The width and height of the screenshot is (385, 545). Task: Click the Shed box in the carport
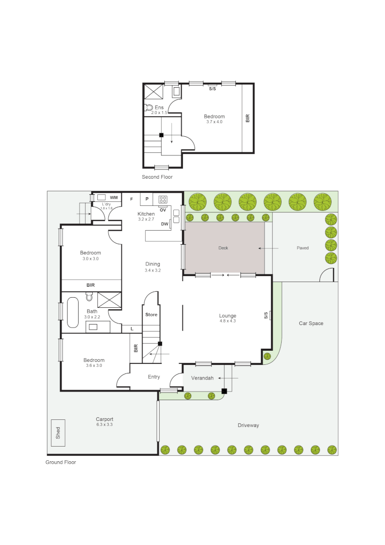(58, 433)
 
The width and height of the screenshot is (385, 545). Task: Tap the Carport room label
(104, 419)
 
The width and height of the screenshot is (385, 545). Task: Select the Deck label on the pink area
(223, 248)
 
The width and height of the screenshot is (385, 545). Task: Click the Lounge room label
(228, 316)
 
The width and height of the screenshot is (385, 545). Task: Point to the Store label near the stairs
(151, 315)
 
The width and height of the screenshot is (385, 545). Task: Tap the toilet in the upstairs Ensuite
(149, 107)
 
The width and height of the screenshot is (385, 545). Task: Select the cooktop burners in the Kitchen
(163, 199)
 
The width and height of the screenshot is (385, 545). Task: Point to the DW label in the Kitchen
(164, 224)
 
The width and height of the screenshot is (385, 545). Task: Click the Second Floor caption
(157, 177)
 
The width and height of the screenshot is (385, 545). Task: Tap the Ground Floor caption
(61, 462)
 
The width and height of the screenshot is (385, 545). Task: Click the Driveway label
(248, 425)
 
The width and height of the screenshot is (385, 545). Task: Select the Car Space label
(311, 323)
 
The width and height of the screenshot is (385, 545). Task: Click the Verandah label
(203, 378)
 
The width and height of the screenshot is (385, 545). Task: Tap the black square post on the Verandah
(224, 391)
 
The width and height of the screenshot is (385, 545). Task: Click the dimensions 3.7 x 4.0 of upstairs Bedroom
(214, 122)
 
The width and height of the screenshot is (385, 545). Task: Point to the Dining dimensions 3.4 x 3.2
(152, 270)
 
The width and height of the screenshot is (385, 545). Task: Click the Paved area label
(302, 248)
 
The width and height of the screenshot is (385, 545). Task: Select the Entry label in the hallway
(154, 377)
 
